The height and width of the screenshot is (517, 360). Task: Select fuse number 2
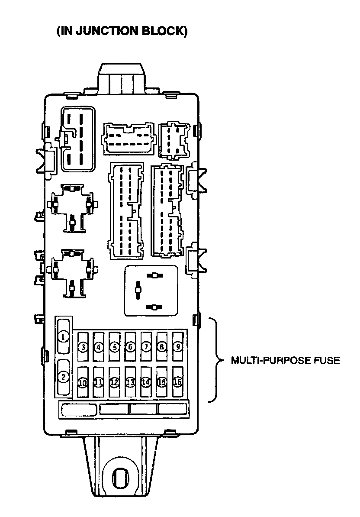tap(64, 377)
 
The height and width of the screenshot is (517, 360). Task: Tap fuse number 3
tap(83, 346)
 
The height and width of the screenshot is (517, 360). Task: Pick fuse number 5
tap(114, 346)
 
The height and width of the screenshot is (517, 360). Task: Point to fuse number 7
tap(146, 346)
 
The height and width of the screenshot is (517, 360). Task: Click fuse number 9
tap(177, 346)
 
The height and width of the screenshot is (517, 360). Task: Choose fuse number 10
tap(82, 382)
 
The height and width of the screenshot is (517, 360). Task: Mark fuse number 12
tap(114, 382)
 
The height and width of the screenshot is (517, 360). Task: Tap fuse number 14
tap(146, 382)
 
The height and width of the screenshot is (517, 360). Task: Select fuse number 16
tap(177, 382)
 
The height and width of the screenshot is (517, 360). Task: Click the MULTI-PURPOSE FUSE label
tap(285, 360)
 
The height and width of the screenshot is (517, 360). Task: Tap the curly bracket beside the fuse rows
tap(215, 360)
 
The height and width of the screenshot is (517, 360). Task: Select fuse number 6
tap(130, 346)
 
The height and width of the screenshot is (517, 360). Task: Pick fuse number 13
tap(130, 382)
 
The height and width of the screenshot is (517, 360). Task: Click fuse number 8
tap(162, 346)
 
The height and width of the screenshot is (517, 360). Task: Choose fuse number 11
tap(98, 382)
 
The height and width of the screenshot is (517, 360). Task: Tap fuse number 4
tap(99, 346)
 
